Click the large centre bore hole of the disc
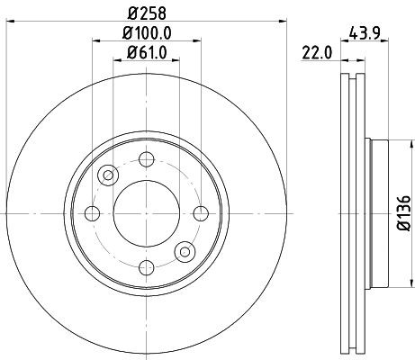click(144, 213)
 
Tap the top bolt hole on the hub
click(144, 160)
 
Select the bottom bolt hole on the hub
click(144, 266)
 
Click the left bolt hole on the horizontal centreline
click(91, 213)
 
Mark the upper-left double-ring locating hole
click(108, 175)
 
